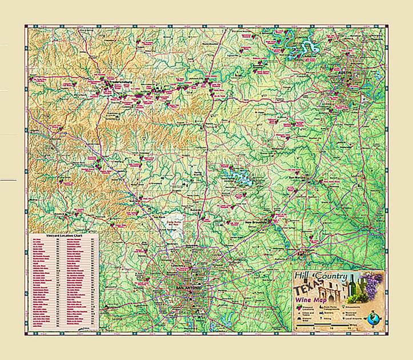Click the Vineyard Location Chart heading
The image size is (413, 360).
click(61, 235)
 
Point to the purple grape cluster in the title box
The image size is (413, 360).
click(374, 284)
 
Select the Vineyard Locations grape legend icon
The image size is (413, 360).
click(300, 307)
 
